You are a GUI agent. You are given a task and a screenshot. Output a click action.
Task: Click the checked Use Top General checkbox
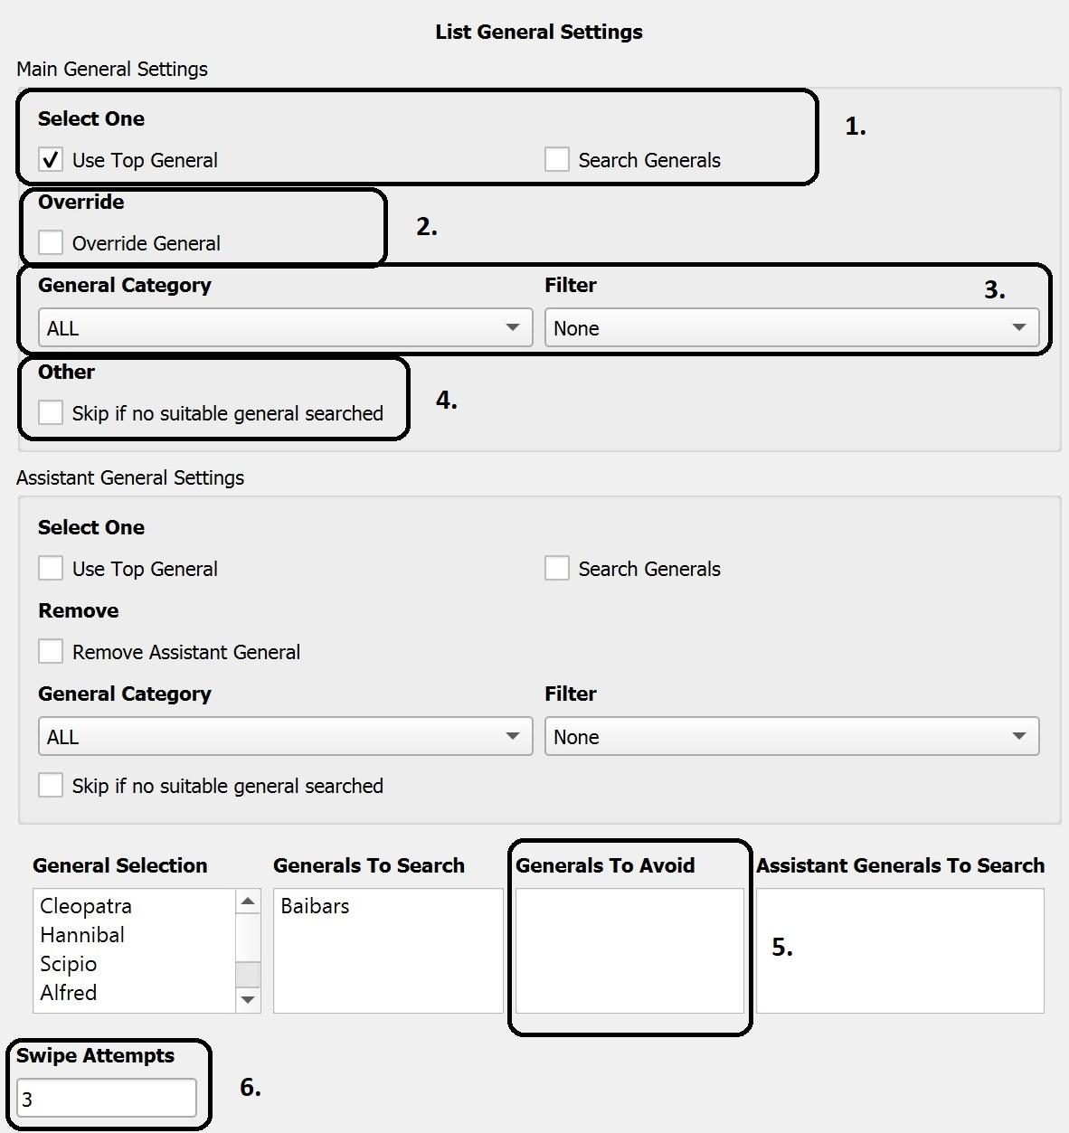(x=51, y=160)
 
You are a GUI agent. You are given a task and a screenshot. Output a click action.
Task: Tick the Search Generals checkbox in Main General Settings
(x=557, y=160)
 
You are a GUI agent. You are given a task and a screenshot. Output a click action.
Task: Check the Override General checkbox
(x=51, y=243)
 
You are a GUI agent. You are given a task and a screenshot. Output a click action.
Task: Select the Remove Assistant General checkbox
(x=51, y=652)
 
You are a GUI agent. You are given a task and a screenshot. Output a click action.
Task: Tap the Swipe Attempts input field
(x=106, y=1099)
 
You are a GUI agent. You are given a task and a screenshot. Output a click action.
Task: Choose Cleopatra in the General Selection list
(x=86, y=906)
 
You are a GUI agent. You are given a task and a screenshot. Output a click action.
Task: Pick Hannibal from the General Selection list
(x=82, y=935)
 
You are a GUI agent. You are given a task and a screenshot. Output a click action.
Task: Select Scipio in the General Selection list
(x=69, y=964)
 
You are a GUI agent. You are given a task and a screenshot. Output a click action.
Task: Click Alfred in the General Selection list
(x=69, y=993)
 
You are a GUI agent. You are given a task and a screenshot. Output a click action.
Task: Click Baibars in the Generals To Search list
(x=315, y=906)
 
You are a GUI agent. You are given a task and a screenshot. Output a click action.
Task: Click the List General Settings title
(x=539, y=32)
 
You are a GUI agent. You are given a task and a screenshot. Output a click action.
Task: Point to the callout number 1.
(x=855, y=127)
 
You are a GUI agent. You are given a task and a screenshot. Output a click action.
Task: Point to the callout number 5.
(x=781, y=947)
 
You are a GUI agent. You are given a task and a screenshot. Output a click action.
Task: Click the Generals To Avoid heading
(x=605, y=865)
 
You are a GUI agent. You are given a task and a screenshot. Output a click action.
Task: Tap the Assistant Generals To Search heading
(x=900, y=865)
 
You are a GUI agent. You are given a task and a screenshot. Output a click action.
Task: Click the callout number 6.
(x=250, y=1087)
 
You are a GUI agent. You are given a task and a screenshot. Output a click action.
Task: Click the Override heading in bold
(x=81, y=202)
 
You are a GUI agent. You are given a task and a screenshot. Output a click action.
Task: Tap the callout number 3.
(x=994, y=289)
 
